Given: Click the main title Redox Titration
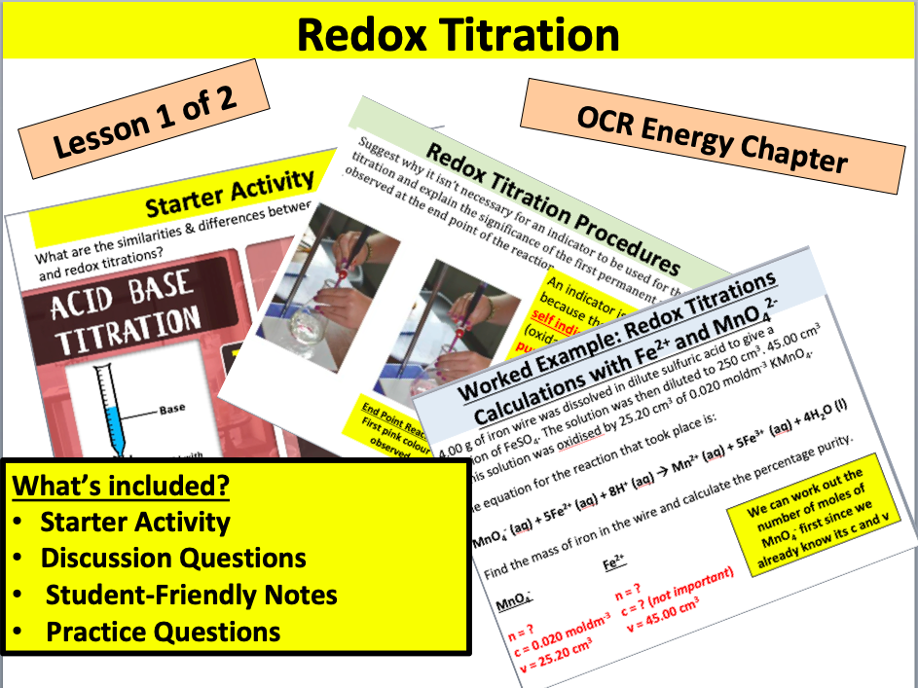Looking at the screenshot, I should click(x=458, y=35).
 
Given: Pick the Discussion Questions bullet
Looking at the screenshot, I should click(x=173, y=559).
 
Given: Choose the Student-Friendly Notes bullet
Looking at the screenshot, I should click(x=191, y=595).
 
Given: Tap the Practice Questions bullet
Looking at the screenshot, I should click(x=163, y=632).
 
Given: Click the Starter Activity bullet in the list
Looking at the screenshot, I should click(x=135, y=522).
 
